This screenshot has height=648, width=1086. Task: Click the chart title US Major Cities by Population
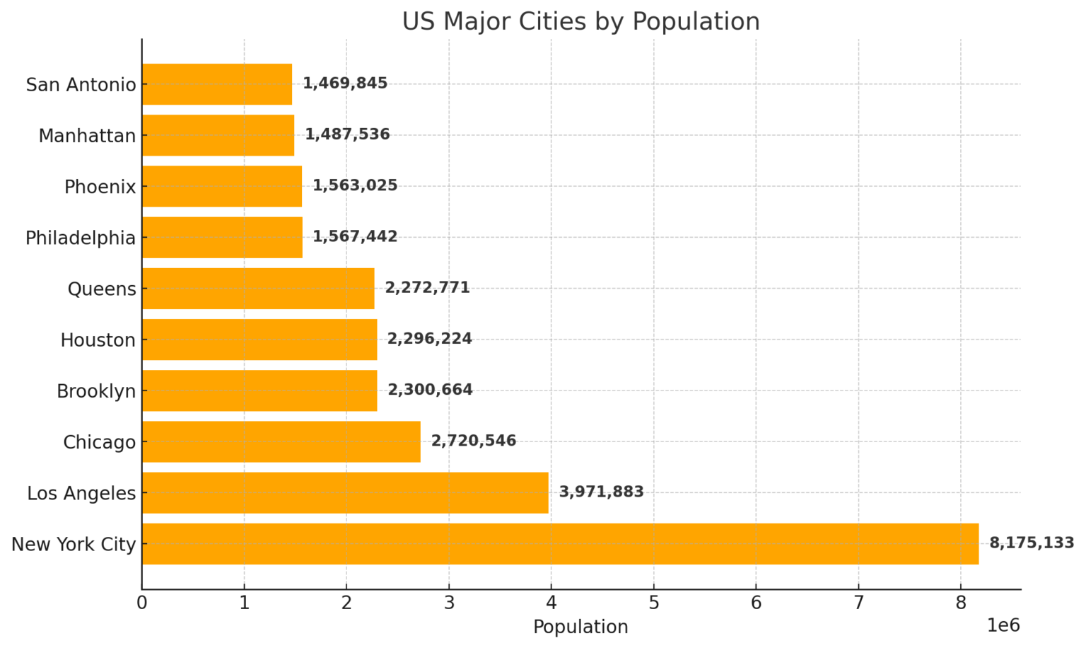coord(580,21)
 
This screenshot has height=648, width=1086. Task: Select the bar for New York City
coord(560,544)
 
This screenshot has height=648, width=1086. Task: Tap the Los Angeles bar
coord(345,493)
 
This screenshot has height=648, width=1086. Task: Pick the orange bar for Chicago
coord(281,442)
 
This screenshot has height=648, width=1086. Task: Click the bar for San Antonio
coord(216,84)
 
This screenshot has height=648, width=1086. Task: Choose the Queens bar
coord(258,289)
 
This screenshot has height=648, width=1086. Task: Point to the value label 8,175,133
coord(1032,543)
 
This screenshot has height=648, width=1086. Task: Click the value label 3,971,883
coord(601,492)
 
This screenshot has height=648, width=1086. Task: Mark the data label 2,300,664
coord(430,390)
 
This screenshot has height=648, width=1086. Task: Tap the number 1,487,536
coord(347,134)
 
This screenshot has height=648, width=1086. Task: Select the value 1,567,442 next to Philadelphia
coord(355,237)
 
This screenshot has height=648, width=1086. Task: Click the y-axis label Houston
coord(98,340)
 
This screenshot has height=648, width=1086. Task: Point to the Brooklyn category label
coord(96,391)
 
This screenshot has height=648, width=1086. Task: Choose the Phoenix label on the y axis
coord(100,187)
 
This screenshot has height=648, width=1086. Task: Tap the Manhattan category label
coord(87,136)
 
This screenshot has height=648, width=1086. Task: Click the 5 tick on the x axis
coord(653,603)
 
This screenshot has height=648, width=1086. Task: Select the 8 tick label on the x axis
coord(960,603)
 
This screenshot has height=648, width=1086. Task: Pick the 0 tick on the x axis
coord(142,603)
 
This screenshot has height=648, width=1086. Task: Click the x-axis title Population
coord(580,627)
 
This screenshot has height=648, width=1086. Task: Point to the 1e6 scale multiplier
coord(1003,625)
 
